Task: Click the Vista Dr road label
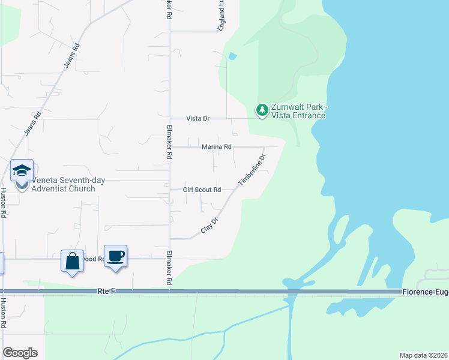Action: [x=197, y=119]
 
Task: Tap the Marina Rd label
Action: [x=216, y=147]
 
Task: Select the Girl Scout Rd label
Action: [x=202, y=190]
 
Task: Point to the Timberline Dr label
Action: [x=252, y=170]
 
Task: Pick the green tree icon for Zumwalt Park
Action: [x=262, y=110]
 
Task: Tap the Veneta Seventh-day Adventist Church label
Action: [x=63, y=184]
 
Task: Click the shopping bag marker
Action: [x=72, y=261]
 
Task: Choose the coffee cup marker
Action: [x=115, y=256]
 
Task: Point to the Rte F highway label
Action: [x=106, y=292]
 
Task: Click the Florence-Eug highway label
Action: [x=425, y=292]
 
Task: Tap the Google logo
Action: [x=20, y=353]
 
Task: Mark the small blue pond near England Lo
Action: [x=232, y=57]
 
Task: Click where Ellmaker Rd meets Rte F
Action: [x=169, y=292]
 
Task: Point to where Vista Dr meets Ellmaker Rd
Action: [x=169, y=119]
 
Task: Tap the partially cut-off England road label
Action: [x=221, y=16]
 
